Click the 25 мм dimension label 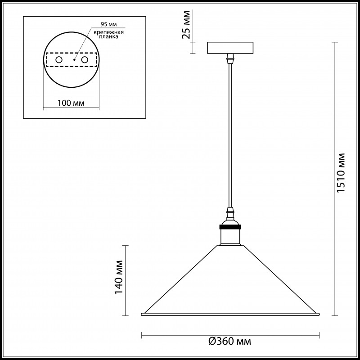186,25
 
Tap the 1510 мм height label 341,173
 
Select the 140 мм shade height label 119,277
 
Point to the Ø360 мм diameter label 229,342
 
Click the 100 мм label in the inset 71,103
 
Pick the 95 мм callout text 108,24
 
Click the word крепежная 108,32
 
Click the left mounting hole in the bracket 59,60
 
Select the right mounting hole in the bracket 85,60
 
